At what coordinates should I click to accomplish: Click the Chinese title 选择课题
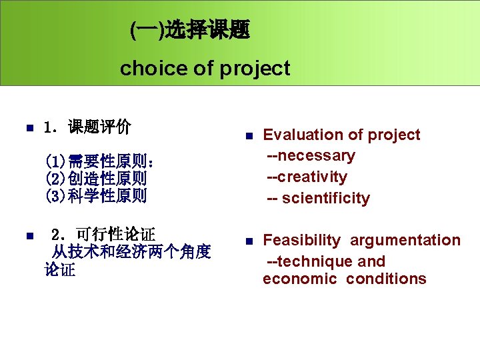[x=207, y=30]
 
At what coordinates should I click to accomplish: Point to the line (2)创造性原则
[x=96, y=179]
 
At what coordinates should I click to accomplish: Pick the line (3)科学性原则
[x=96, y=196]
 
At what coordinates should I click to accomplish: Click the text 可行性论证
[x=115, y=235]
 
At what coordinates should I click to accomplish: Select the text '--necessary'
[x=311, y=156]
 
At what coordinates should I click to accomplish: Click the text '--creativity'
[x=307, y=177]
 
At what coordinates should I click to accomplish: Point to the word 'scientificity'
[x=325, y=199]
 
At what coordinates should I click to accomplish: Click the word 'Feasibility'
[x=301, y=240]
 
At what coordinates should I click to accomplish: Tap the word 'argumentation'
[x=405, y=240]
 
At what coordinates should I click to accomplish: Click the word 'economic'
[x=300, y=279]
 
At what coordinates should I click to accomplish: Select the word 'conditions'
[x=386, y=279]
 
